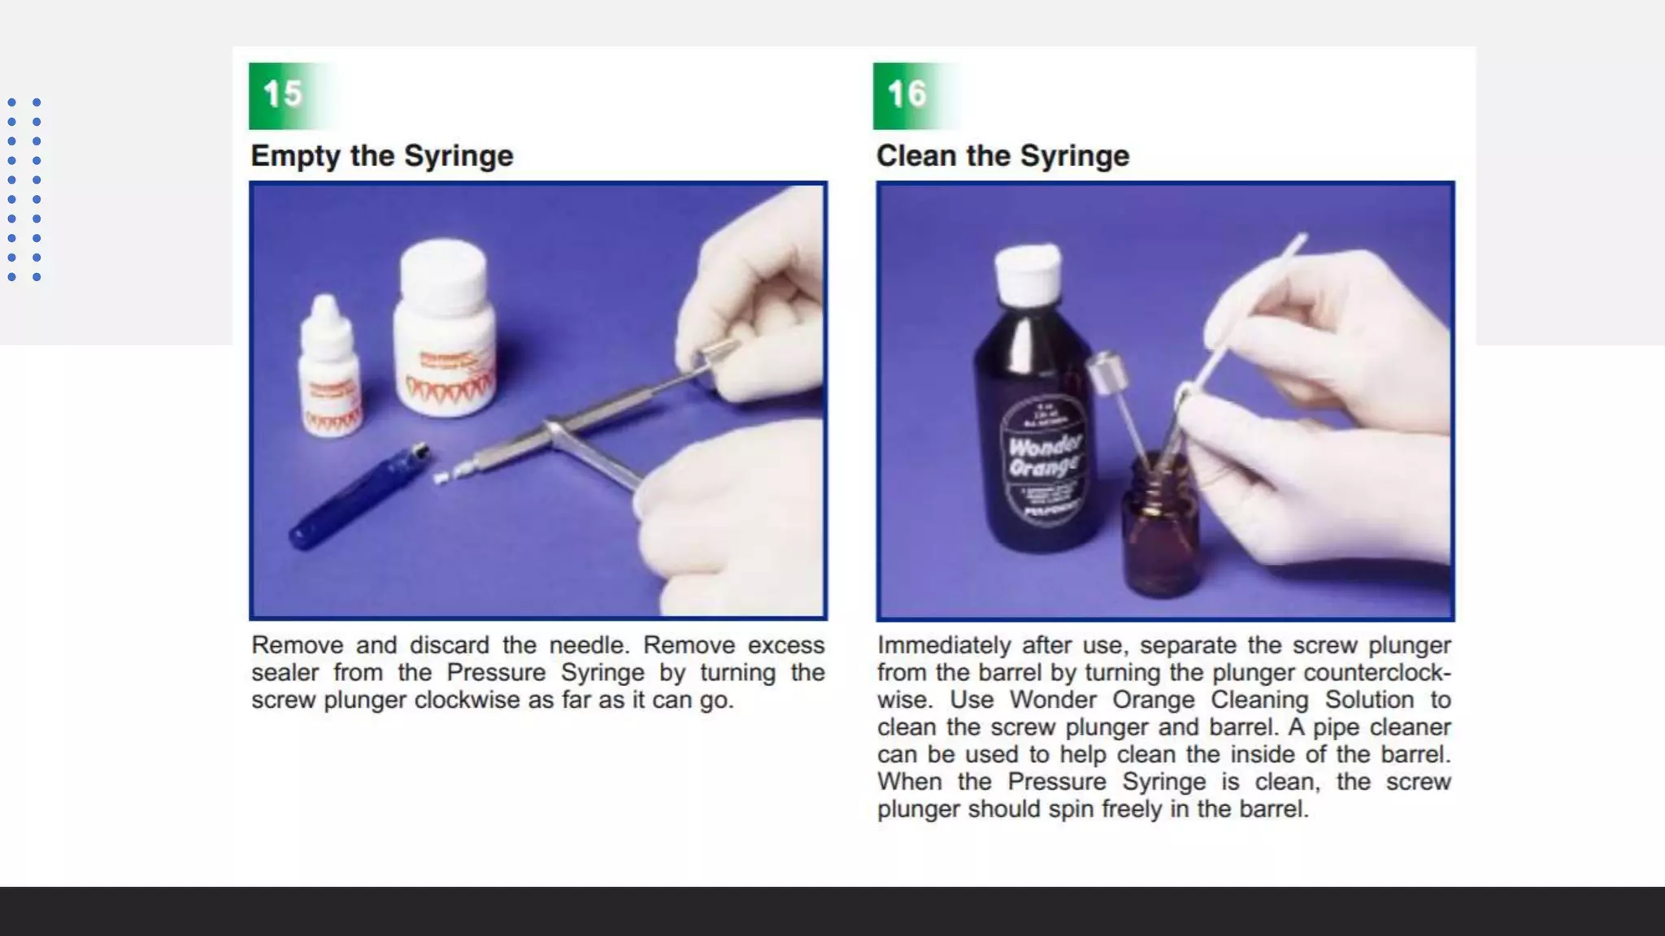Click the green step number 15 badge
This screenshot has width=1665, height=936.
(x=283, y=95)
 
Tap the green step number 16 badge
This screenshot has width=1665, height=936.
(x=907, y=95)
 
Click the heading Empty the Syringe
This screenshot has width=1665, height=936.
(x=381, y=155)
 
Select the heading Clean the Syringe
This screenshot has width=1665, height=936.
(x=1002, y=155)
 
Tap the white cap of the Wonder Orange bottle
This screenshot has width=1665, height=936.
(x=1028, y=270)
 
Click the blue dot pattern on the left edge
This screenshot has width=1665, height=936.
(x=24, y=189)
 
